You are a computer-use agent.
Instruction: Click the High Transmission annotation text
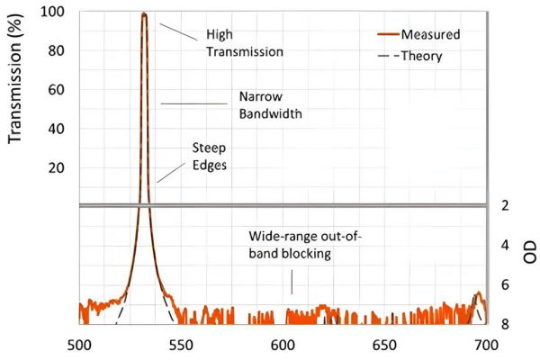[x=245, y=44]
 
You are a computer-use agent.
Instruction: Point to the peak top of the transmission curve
[x=144, y=13]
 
